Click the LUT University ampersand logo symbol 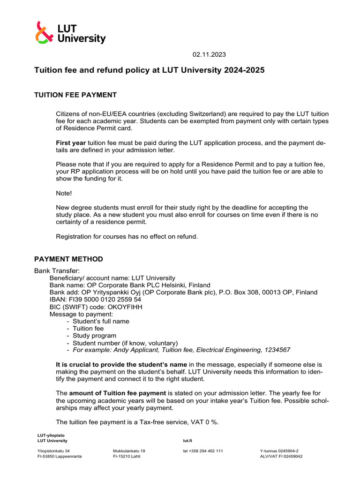point(45,33)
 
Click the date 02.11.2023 point(209,54)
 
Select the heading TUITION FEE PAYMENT point(75,95)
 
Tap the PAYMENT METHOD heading point(68,259)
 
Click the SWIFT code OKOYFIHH point(120,307)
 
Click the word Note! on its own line point(64,193)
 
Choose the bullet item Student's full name point(101,321)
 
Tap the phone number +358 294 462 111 point(203,451)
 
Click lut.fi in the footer point(187,441)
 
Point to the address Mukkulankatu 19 point(129,451)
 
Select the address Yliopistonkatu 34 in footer point(53,451)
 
